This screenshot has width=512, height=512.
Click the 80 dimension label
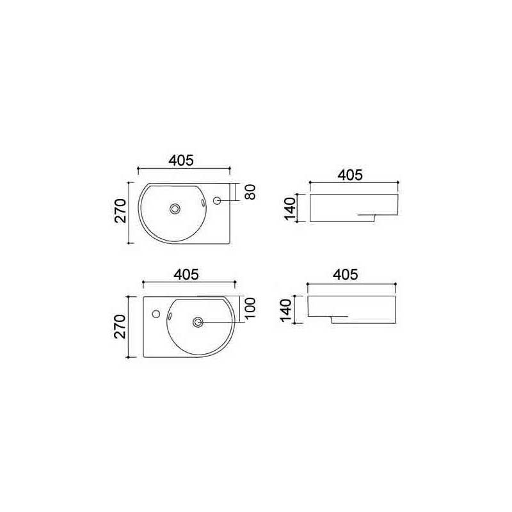[x=250, y=192]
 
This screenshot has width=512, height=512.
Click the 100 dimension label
[x=250, y=309]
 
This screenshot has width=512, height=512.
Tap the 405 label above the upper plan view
[x=181, y=161]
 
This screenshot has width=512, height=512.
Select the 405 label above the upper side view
[x=350, y=175]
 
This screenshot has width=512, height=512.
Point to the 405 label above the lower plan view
[x=186, y=275]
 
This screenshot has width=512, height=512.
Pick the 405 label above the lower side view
[x=346, y=275]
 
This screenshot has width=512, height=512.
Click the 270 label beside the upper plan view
[x=120, y=211]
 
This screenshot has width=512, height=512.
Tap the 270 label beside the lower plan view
[x=120, y=326]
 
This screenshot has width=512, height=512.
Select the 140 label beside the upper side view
[x=290, y=209]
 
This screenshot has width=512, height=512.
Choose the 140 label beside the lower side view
[x=285, y=310]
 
